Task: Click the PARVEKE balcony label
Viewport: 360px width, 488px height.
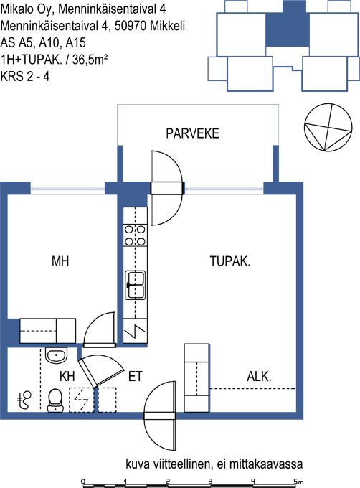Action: [x=192, y=133]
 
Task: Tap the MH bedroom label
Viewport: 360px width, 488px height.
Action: [x=60, y=261]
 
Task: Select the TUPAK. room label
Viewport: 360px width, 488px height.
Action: [x=230, y=261]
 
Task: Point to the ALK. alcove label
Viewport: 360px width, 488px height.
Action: [x=259, y=377]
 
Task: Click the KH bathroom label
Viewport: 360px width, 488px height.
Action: [x=67, y=376]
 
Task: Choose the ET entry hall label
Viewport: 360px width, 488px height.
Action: [x=136, y=376]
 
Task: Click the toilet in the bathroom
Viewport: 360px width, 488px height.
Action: [x=55, y=400]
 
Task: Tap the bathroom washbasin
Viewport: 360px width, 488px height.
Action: [x=56, y=355]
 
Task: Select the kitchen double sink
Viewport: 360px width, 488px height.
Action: [x=136, y=285]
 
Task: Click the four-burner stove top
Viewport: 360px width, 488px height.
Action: [x=136, y=235]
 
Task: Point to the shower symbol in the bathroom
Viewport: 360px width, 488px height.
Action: [x=24, y=400]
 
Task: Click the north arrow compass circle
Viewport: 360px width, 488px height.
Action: [x=328, y=128]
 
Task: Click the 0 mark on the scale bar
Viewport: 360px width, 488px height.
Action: [x=83, y=482]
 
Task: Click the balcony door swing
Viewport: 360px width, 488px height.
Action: [x=166, y=188]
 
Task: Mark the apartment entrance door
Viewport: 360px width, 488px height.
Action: [x=159, y=416]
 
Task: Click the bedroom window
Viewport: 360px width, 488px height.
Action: [x=68, y=189]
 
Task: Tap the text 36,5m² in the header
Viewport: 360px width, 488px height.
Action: [x=90, y=59]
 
